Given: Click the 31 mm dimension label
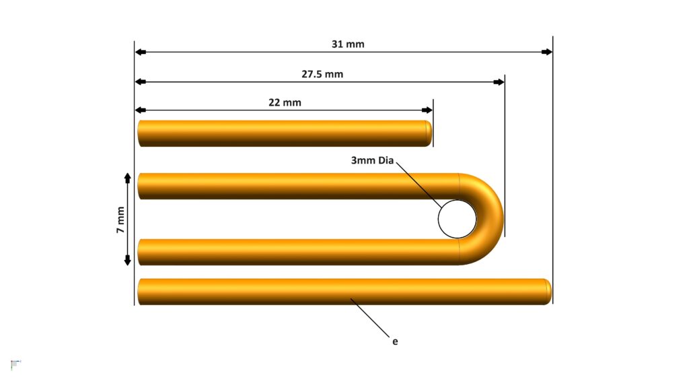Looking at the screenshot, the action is point(348,44).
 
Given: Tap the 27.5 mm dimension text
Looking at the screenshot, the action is point(322,74).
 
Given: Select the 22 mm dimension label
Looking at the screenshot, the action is point(285,102).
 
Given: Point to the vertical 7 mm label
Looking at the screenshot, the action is point(120,220).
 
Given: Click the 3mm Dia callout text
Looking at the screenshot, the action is point(372,160).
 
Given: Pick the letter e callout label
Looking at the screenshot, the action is point(395,342).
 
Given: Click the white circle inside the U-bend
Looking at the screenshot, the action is point(457,219).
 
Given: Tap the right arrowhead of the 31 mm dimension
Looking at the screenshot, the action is point(546,52).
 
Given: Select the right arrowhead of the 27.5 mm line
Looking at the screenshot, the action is point(499,82).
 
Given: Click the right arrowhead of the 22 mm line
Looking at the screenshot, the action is point(427,110).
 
